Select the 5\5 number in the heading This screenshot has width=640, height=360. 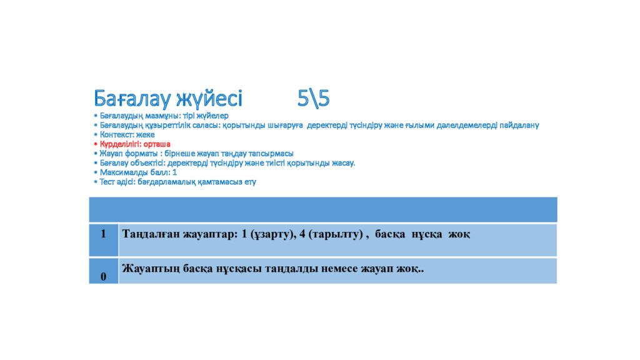click(313, 99)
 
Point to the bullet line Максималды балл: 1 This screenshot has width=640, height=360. click(137, 172)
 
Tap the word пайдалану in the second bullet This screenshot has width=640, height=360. click(518, 125)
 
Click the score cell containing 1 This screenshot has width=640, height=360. click(103, 234)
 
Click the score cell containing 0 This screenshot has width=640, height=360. click(103, 276)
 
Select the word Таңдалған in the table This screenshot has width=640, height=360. click(149, 234)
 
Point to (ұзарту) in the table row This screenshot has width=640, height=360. click(272, 234)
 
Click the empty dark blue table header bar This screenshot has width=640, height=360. click(322, 209)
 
